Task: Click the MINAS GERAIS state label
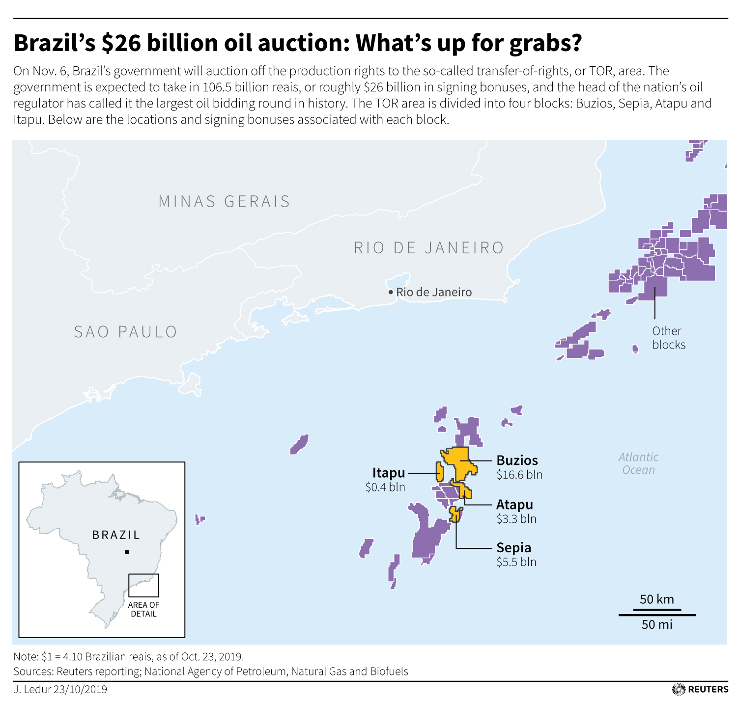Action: coord(224,201)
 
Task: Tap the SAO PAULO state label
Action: coord(125,332)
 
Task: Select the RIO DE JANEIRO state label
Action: coord(429,247)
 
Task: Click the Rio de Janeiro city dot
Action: coord(391,292)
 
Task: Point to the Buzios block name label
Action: coord(517,460)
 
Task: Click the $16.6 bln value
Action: coord(519,475)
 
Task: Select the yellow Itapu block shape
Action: coord(440,471)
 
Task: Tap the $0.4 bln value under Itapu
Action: coord(385,487)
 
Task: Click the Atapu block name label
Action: coord(514,505)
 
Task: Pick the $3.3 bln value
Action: coord(516,519)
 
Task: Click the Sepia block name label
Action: coord(513,547)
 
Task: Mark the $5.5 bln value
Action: coord(516,562)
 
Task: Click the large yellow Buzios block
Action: coord(461,461)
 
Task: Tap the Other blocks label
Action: coord(668,338)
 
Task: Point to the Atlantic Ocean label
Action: coord(638,463)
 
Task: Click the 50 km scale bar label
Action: coord(656,599)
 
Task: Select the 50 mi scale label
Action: coord(656,624)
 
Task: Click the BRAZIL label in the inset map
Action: coord(116,535)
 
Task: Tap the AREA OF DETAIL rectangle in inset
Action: coord(143,585)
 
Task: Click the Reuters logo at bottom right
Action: coord(700,689)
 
